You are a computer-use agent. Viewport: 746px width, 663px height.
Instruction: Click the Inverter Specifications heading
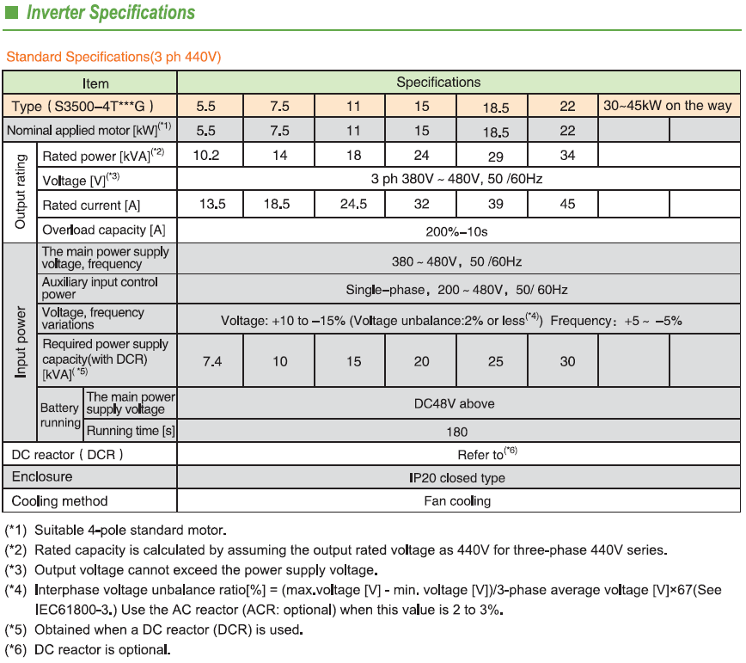pos(111,13)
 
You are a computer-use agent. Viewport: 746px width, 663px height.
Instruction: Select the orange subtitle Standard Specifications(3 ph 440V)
pos(114,57)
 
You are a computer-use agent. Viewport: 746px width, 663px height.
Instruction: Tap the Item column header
pos(95,83)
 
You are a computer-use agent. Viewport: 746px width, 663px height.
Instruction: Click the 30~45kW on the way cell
pos(668,106)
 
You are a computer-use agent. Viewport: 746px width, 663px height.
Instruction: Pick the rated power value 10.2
pos(206,156)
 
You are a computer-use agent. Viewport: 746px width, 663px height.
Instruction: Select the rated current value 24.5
pos(353,205)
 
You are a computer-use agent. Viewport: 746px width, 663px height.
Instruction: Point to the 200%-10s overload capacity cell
pos(457,231)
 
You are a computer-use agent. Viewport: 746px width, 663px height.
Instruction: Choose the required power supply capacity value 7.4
pos(211,361)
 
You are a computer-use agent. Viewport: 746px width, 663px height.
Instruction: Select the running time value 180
pos(457,431)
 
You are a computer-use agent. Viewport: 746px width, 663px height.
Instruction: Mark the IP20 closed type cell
pos(457,477)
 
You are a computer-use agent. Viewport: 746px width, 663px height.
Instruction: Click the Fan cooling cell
pos(457,500)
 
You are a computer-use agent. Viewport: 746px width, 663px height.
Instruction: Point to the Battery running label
pos(59,415)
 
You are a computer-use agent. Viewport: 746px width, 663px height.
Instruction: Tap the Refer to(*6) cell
pos(486,454)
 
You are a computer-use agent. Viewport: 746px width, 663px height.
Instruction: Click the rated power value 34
pos(567,156)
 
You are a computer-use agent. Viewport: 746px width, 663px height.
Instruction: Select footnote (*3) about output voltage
pos(192,570)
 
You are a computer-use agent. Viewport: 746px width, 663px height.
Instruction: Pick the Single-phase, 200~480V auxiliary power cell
pos(457,290)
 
